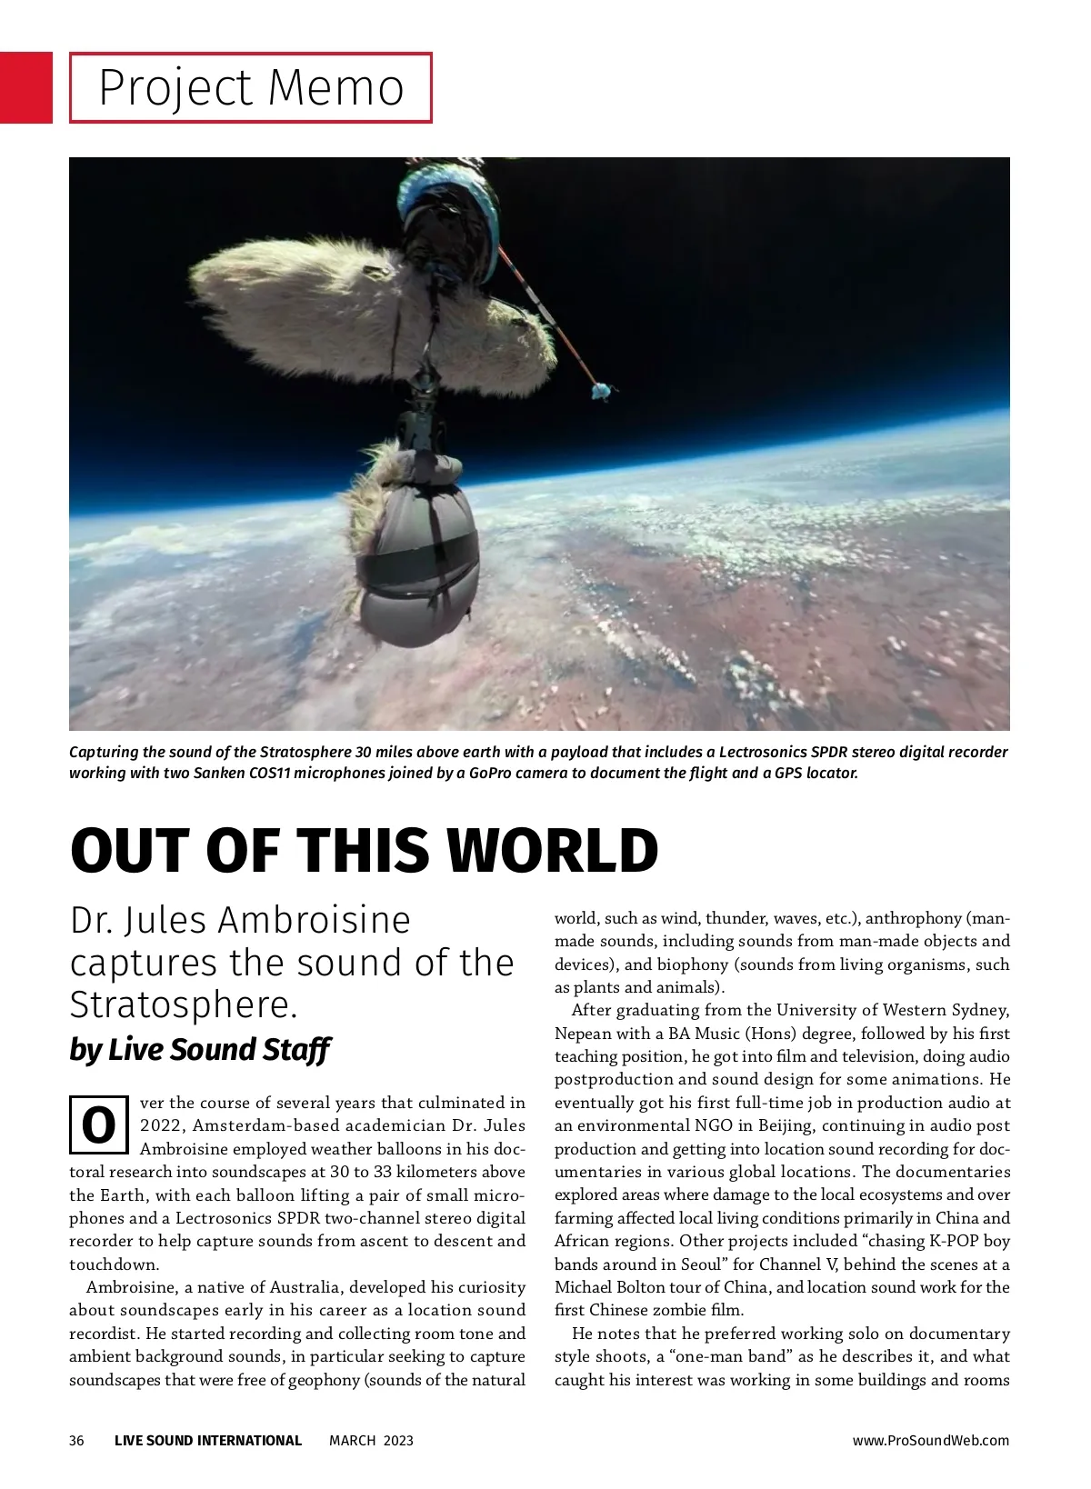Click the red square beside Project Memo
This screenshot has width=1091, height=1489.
point(25,87)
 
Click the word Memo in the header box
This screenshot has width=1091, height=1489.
point(336,88)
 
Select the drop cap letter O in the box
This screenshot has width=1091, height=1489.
point(98,1125)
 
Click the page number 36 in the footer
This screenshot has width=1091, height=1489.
point(76,1440)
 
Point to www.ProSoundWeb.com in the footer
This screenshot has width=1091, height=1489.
point(930,1440)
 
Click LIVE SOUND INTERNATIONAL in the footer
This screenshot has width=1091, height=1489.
point(208,1440)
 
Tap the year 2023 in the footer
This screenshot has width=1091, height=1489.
point(397,1440)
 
